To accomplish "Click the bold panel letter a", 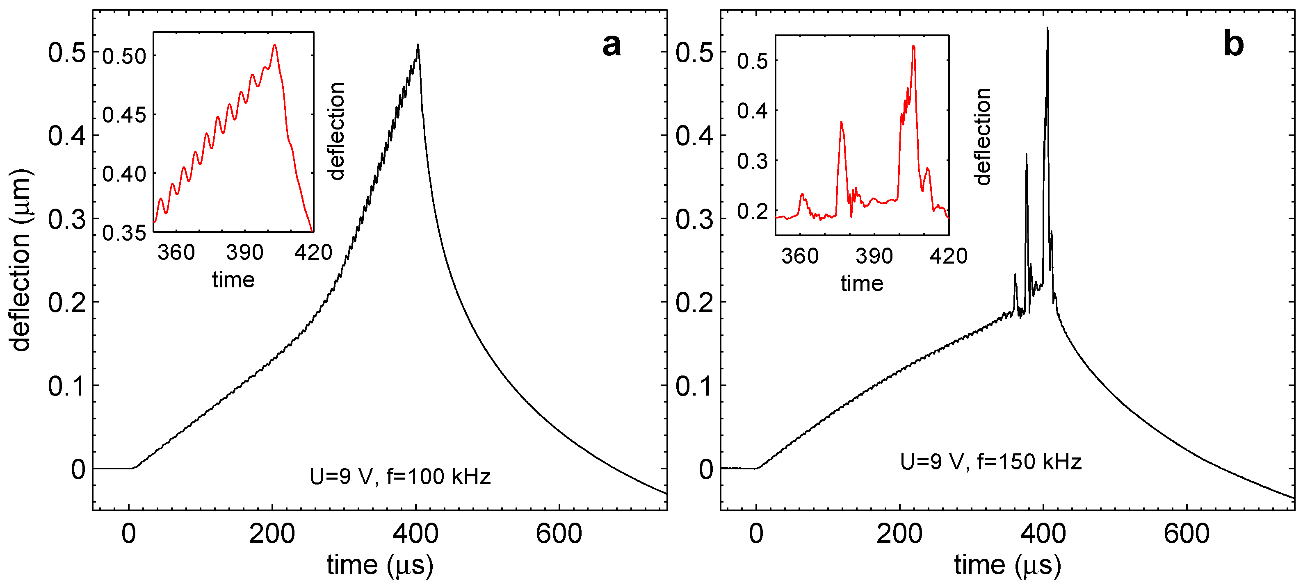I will click(611, 45).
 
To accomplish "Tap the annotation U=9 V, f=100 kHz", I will click(399, 477).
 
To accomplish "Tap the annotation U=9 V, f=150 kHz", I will click(990, 462).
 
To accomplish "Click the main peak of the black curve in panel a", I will click(418, 46).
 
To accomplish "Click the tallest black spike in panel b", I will click(1047, 29).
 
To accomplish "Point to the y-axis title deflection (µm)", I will click(20, 260).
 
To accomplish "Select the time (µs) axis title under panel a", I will click(380, 565).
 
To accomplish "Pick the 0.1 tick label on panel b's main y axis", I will click(694, 386).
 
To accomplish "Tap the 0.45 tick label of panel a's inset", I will click(124, 115).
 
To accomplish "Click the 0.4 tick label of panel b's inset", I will click(752, 111).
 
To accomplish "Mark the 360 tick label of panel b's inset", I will click(800, 256).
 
